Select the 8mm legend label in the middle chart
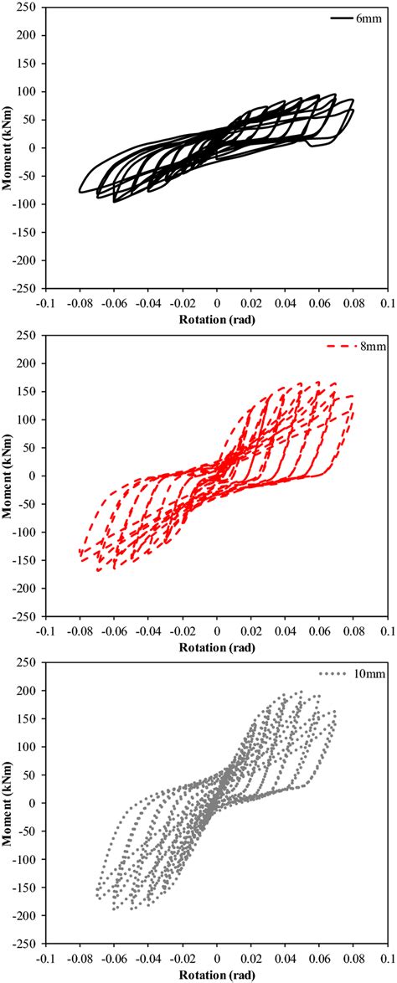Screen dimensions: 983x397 [368, 345]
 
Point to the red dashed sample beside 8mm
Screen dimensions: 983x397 [342, 345]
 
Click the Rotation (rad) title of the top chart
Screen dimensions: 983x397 [217, 320]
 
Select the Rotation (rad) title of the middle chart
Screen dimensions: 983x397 [217, 648]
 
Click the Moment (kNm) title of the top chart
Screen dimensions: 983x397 [8, 147]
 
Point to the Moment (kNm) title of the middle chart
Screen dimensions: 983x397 [8, 476]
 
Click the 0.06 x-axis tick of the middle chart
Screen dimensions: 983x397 [319, 630]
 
